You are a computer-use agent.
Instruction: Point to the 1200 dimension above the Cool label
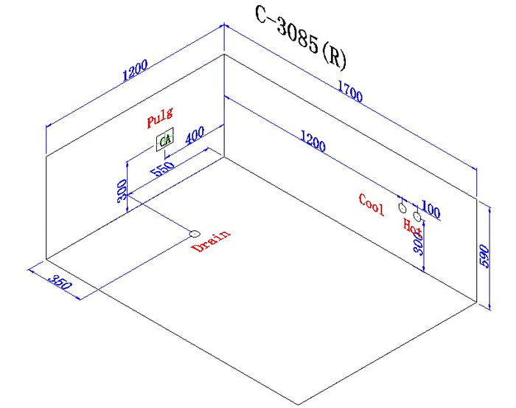pos(313,140)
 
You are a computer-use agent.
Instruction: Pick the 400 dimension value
pos(195,138)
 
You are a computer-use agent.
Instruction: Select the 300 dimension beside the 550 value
pos(122,193)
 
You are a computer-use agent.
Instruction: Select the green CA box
pos(164,141)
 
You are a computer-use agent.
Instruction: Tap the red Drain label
pos(210,241)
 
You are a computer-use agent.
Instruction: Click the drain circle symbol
pos(195,233)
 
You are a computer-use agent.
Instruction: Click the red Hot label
pos(412,225)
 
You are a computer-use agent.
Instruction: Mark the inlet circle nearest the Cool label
pos(402,209)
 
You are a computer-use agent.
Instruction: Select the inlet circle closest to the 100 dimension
pos(417,217)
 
